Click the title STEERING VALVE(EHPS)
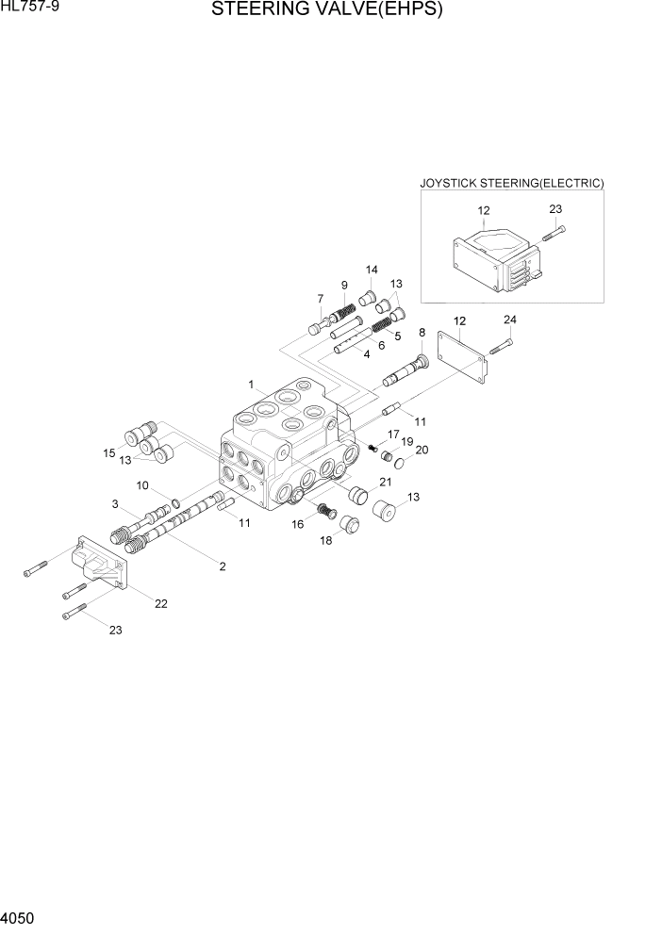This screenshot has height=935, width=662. pyautogui.click(x=327, y=10)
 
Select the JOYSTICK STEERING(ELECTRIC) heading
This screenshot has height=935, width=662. pyautogui.click(x=511, y=183)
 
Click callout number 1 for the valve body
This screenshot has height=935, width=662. pyautogui.click(x=252, y=385)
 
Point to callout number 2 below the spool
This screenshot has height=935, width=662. pyautogui.click(x=222, y=566)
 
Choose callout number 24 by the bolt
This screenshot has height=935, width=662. pyautogui.click(x=509, y=320)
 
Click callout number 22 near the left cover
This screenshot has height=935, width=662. pyautogui.click(x=161, y=603)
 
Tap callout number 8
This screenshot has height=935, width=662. pyautogui.click(x=422, y=332)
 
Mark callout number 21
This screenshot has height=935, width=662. pyautogui.click(x=385, y=482)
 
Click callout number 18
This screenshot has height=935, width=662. pyautogui.click(x=325, y=541)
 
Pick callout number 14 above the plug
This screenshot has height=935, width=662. pyautogui.click(x=371, y=270)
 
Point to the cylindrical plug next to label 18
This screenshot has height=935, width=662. pyautogui.click(x=350, y=524)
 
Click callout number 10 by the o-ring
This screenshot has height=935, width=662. pyautogui.click(x=143, y=485)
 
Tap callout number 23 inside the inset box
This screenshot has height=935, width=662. pyautogui.click(x=554, y=210)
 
